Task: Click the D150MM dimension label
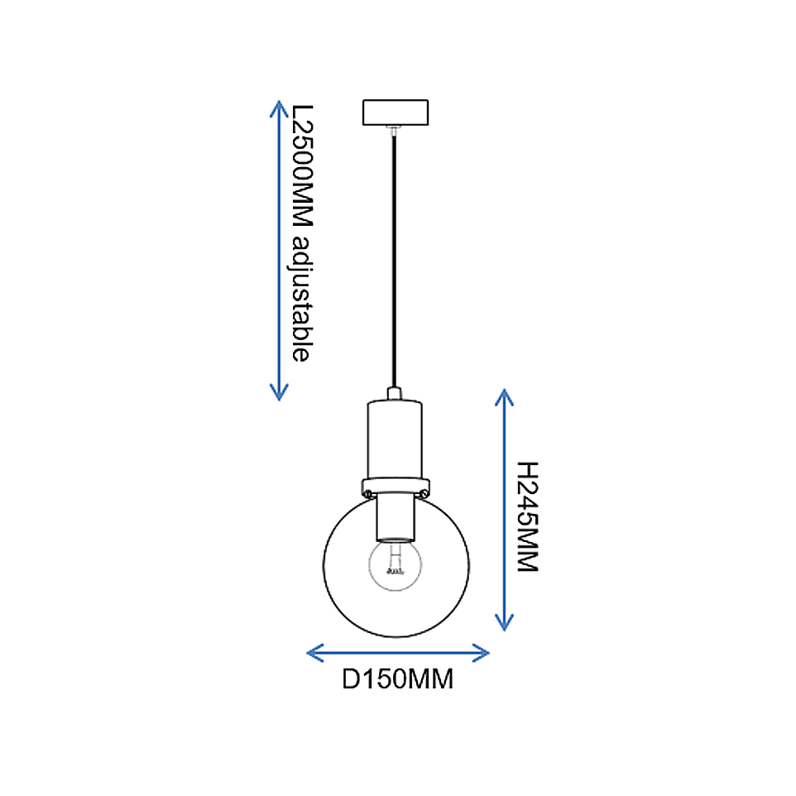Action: [x=397, y=679]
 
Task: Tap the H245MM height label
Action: [x=527, y=517]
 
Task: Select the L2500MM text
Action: [x=303, y=165]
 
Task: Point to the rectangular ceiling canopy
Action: [x=396, y=113]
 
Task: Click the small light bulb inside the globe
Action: [x=395, y=564]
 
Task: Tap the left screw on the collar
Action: [x=368, y=493]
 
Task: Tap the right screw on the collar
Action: [x=424, y=493]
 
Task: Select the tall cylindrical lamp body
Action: [x=395, y=439]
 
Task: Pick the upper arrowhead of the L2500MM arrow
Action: [x=279, y=108]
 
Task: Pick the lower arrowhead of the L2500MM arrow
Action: [x=279, y=392]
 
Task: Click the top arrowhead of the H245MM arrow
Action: [x=504, y=397]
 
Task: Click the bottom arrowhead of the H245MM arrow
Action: [x=504, y=622]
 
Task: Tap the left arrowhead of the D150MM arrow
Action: [x=315, y=653]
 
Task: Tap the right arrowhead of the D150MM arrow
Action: [x=480, y=653]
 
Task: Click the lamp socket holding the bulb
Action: [x=396, y=518]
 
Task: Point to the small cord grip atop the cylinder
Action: [x=395, y=393]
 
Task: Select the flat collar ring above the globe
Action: [x=396, y=487]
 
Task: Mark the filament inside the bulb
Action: [x=395, y=561]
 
